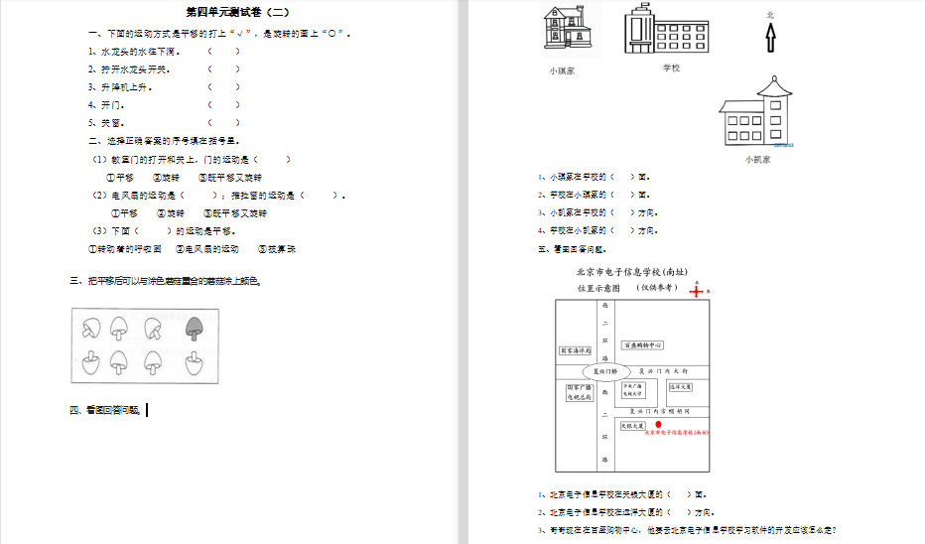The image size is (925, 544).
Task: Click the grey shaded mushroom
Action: [x=194, y=328]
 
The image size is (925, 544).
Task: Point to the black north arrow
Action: [x=770, y=38]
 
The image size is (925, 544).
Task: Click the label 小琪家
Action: [x=562, y=70]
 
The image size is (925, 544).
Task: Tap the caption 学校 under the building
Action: [x=671, y=68]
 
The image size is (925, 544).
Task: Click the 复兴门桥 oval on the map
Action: [x=604, y=371]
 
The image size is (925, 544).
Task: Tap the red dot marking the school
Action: [x=659, y=424]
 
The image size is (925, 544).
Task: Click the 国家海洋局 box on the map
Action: [x=576, y=350]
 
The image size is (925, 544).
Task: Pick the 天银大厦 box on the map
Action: [x=633, y=426]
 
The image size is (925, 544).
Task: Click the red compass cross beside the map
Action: [x=697, y=291]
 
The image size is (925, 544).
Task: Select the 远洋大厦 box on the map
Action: [x=681, y=387]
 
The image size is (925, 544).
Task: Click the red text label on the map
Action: [x=678, y=434]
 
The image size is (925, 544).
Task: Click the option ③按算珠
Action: [x=276, y=249]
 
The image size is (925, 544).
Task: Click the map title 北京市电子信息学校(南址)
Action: [x=632, y=272]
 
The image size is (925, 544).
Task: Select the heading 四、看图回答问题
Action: [x=107, y=410]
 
